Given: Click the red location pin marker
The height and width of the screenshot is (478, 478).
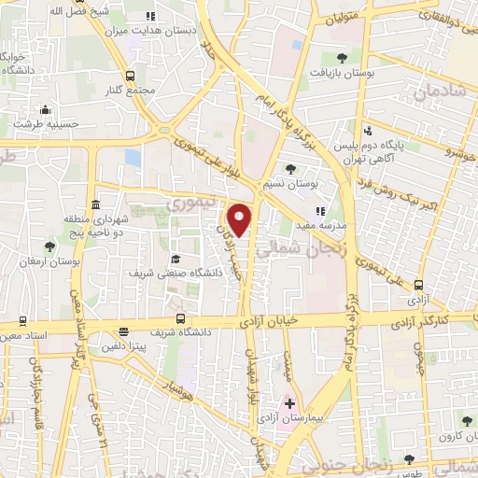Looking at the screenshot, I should [x=241, y=219].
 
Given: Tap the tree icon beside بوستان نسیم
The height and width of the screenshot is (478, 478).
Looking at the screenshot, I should [x=290, y=168].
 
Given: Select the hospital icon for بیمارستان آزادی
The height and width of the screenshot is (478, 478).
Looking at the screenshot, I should [x=289, y=404].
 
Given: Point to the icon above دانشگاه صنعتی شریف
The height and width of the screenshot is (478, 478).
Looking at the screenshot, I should [x=176, y=259].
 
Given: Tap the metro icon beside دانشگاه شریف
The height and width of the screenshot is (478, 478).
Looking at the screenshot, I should [x=124, y=331].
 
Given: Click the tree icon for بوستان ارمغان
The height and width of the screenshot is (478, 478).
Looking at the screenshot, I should [x=49, y=247].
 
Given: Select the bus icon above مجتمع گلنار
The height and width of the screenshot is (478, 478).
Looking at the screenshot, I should [x=130, y=77].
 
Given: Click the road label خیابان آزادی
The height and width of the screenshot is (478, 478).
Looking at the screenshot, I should [x=276, y=319].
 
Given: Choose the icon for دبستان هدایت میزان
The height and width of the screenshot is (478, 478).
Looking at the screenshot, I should [x=151, y=18].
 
